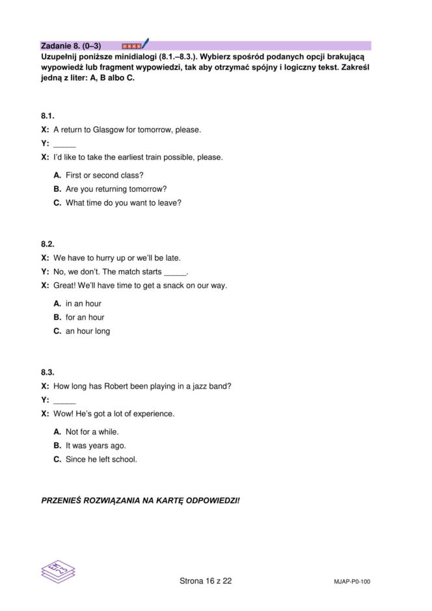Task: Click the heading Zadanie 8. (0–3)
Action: pos(71,46)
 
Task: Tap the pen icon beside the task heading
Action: pos(144,44)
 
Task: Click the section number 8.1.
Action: pos(47,116)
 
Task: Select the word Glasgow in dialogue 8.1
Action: pos(110,129)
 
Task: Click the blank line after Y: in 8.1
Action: pos(64,144)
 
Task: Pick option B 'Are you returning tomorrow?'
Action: pos(116,189)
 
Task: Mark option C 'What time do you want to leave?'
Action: pos(123,202)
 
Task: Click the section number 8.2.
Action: pos(47,244)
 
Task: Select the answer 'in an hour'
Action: pos(83,303)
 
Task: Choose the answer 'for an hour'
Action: pos(85,317)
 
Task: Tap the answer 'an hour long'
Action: pos(88,331)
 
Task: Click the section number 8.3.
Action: pos(47,372)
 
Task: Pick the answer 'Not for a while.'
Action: pos(92,431)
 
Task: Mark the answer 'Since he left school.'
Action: pos(101,459)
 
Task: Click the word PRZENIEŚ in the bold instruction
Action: pos(63,500)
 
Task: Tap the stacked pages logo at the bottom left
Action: pos(58,571)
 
